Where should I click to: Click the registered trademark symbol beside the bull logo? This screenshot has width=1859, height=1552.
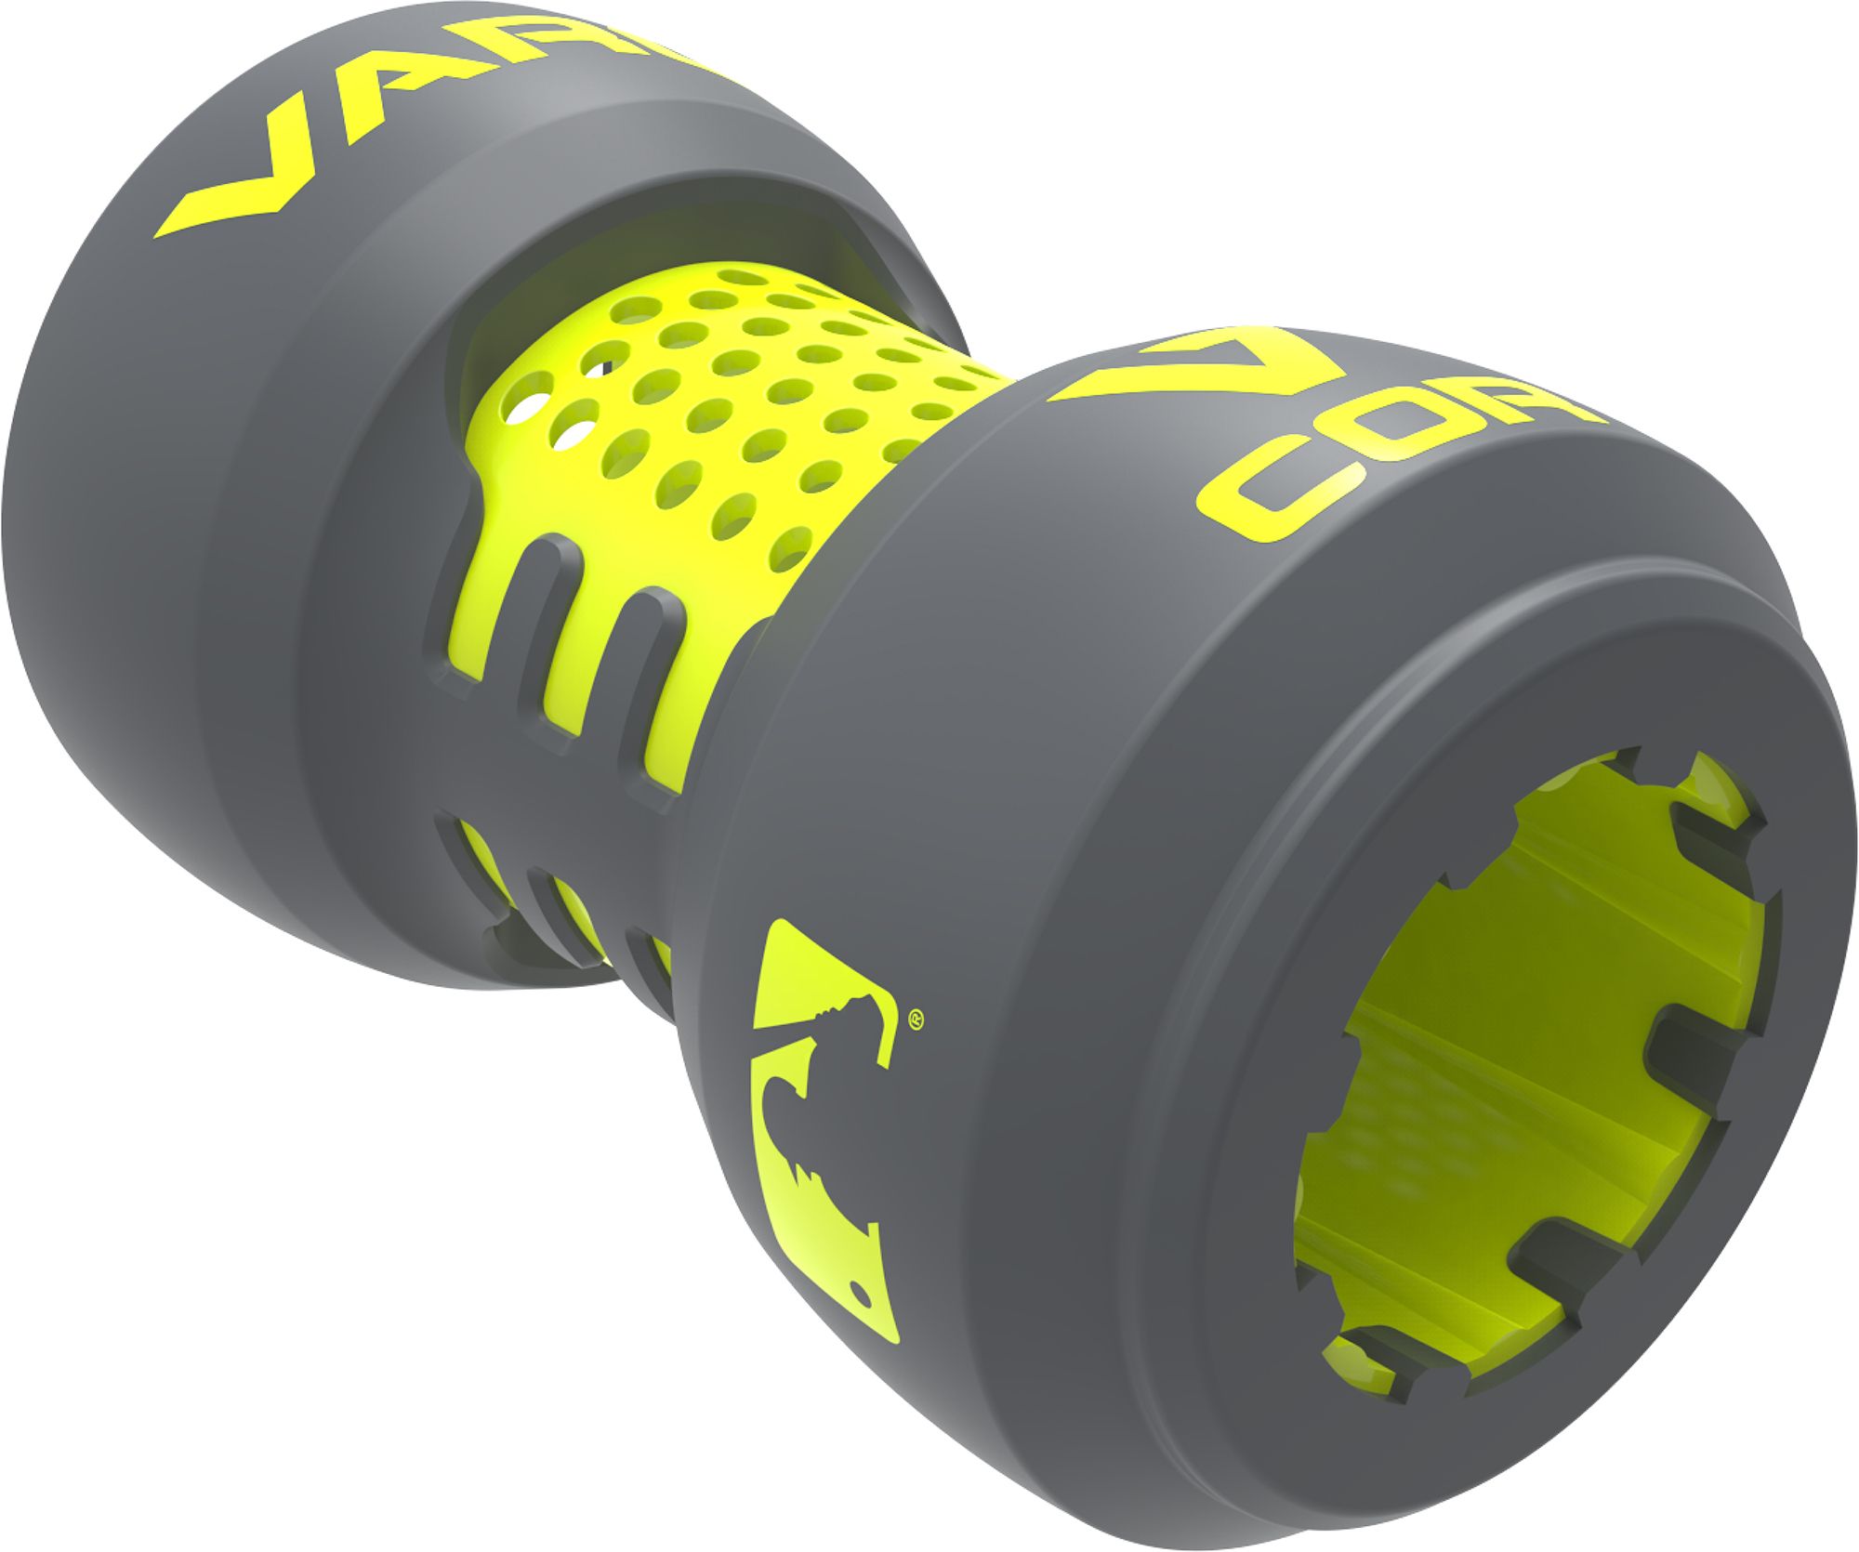915,1017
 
